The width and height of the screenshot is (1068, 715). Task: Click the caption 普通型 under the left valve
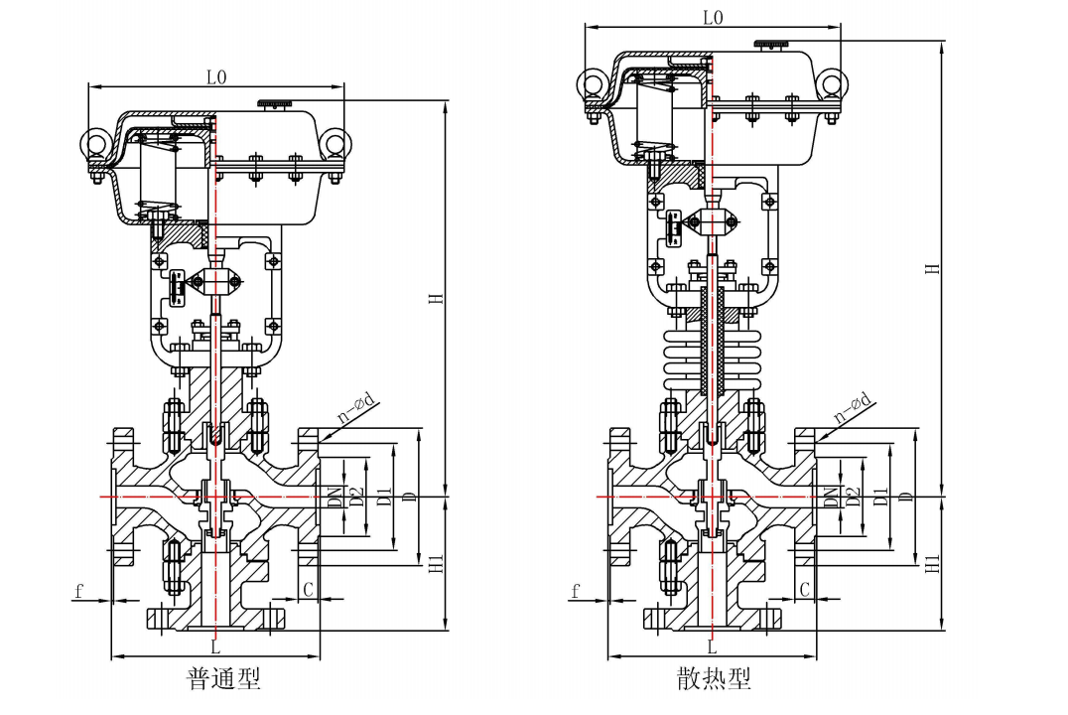223,678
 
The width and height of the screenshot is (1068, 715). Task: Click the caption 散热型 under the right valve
714,678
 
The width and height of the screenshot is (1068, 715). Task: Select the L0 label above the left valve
216,77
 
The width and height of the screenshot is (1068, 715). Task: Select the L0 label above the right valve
713,18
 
